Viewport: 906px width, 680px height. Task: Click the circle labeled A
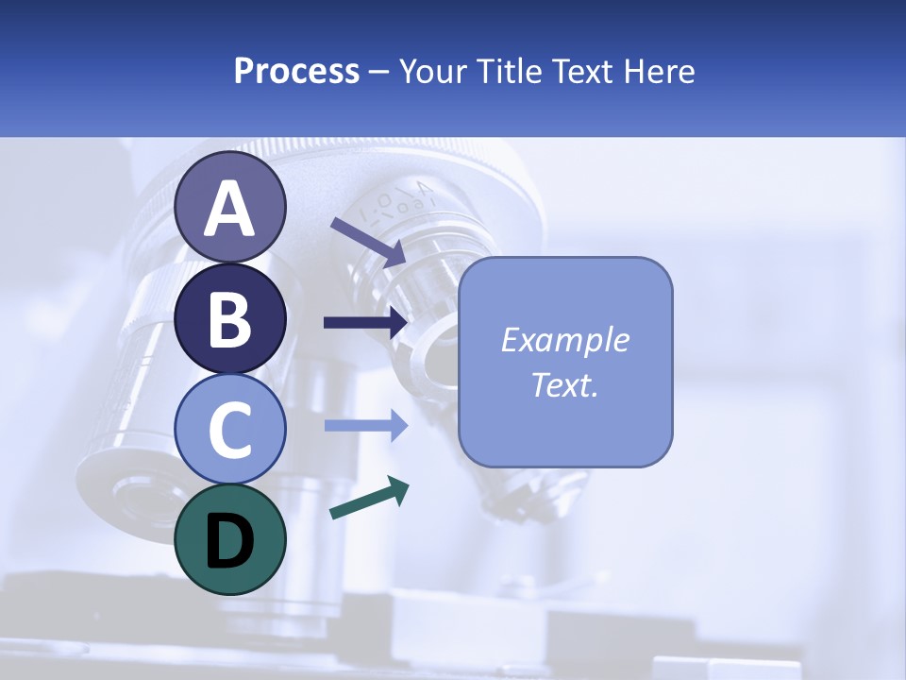tap(230, 207)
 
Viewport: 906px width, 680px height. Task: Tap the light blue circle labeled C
tap(230, 429)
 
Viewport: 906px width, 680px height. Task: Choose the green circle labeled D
tap(230, 539)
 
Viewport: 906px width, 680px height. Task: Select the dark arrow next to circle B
tap(365, 323)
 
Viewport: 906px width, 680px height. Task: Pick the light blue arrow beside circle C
tap(365, 425)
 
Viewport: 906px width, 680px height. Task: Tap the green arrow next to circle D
tap(369, 500)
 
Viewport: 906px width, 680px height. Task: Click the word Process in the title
tap(296, 71)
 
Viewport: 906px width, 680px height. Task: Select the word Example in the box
tap(565, 340)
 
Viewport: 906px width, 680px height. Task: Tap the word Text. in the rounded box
tap(565, 385)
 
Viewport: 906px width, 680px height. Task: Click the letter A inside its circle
tap(230, 209)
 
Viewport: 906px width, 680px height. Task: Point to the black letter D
tap(230, 540)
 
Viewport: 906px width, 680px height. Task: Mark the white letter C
tap(230, 430)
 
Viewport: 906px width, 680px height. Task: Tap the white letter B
tap(230, 319)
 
